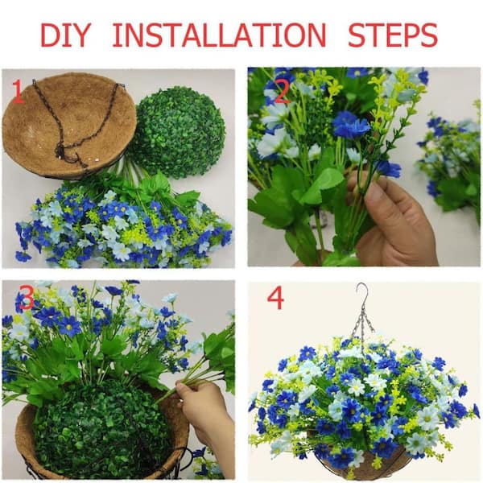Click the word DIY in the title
point(66,35)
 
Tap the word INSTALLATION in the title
point(219,35)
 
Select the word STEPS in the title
point(393,35)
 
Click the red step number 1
point(18,92)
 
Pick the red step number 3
point(27,298)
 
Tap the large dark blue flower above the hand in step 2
point(351,124)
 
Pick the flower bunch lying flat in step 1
point(123,225)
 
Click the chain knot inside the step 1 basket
point(60,151)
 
